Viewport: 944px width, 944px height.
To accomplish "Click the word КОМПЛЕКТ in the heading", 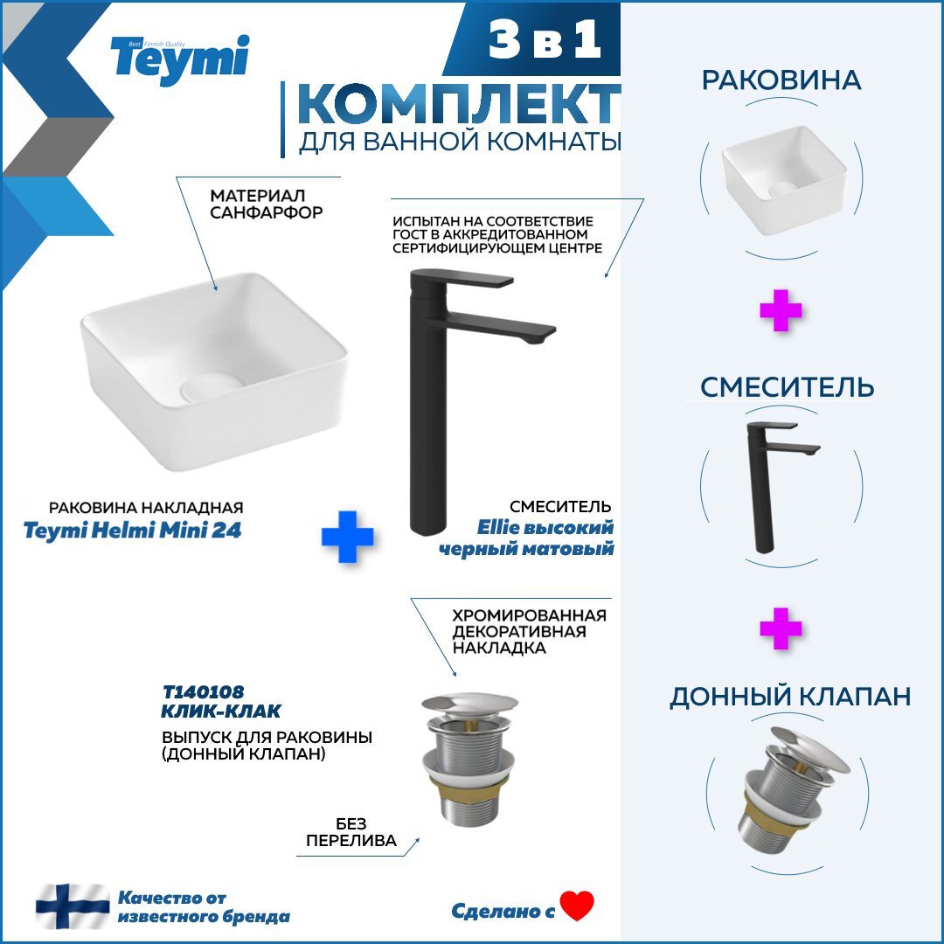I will tap(458, 106).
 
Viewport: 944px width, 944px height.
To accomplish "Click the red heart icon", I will tap(577, 906).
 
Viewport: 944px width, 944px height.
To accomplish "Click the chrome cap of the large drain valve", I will tap(469, 706).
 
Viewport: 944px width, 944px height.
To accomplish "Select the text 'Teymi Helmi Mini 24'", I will tap(144, 530).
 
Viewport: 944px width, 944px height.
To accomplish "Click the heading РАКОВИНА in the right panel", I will tap(781, 80).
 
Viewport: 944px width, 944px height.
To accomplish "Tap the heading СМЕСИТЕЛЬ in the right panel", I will tap(787, 387).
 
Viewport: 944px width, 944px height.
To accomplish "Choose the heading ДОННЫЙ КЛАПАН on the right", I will tap(790, 697).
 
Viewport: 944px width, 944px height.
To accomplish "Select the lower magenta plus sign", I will tap(781, 628).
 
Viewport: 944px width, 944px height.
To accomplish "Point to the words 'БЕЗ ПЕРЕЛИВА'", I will tap(351, 832).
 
